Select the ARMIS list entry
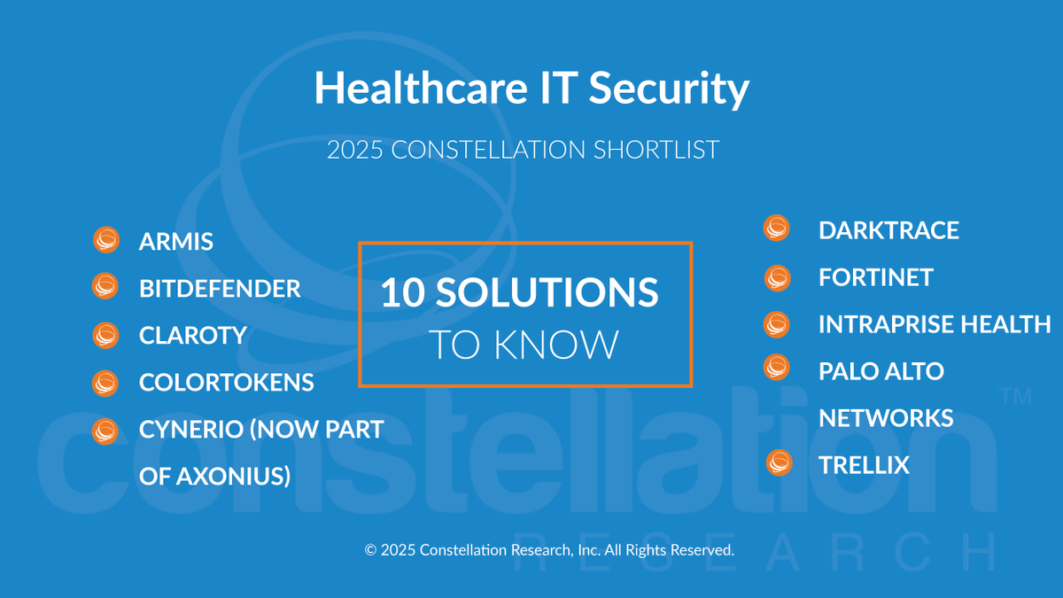click(176, 241)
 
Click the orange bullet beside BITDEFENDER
click(105, 287)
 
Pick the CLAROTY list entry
click(192, 335)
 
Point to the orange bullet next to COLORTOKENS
click(105, 382)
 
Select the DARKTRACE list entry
click(888, 230)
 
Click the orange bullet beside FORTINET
click(778, 277)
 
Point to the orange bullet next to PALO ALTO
click(777, 367)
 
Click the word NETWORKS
click(886, 418)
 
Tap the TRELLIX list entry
click(864, 465)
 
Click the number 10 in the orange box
click(401, 293)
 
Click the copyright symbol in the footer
click(370, 550)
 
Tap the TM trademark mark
click(1015, 397)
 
